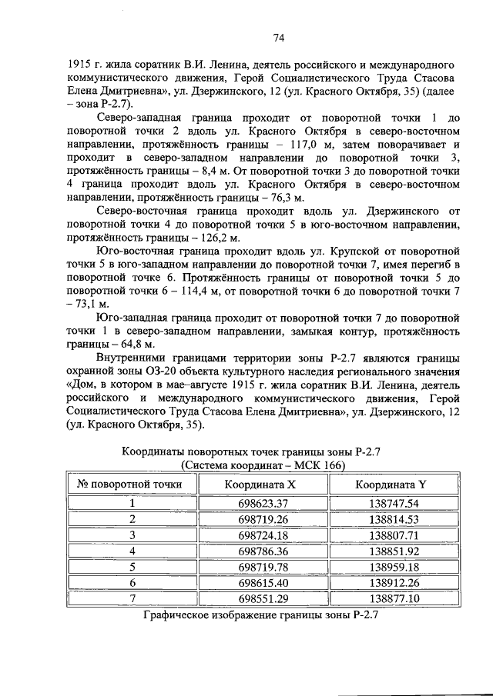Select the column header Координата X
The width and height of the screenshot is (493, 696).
pos(260,485)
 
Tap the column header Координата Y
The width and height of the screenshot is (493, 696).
pos(391,485)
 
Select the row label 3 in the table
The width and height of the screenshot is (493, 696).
pos(132,535)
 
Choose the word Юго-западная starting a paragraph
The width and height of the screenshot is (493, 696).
pos(132,315)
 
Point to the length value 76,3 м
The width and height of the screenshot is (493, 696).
pos(284,197)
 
